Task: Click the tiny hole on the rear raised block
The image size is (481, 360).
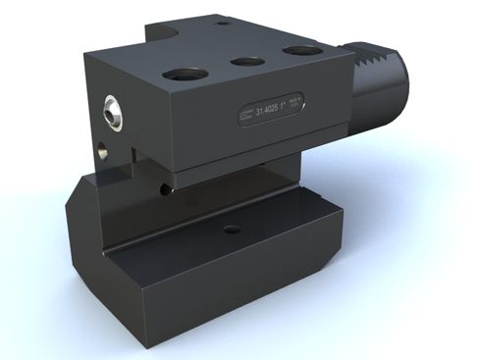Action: (x=223, y=22)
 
